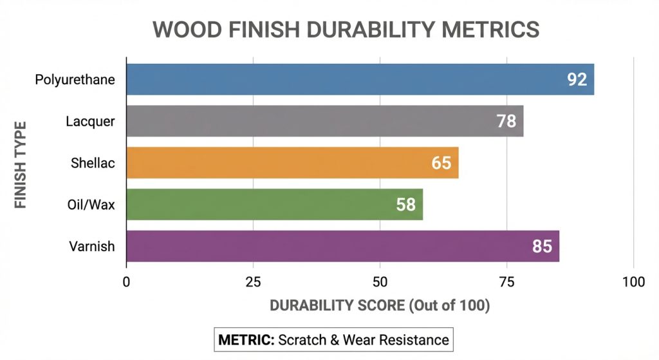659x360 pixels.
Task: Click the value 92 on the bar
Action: pos(577,80)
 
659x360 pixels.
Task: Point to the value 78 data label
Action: pos(506,121)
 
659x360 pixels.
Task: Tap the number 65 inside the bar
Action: pos(441,163)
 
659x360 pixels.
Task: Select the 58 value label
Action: pos(405,205)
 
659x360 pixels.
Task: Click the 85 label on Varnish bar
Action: pos(543,246)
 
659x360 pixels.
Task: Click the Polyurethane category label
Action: pos(75,80)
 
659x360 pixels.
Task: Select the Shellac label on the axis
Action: pos(93,163)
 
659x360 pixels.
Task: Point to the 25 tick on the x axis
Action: pos(253,282)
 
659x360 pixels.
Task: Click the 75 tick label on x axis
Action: pos(507,282)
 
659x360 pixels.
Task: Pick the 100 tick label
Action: pos(634,282)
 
